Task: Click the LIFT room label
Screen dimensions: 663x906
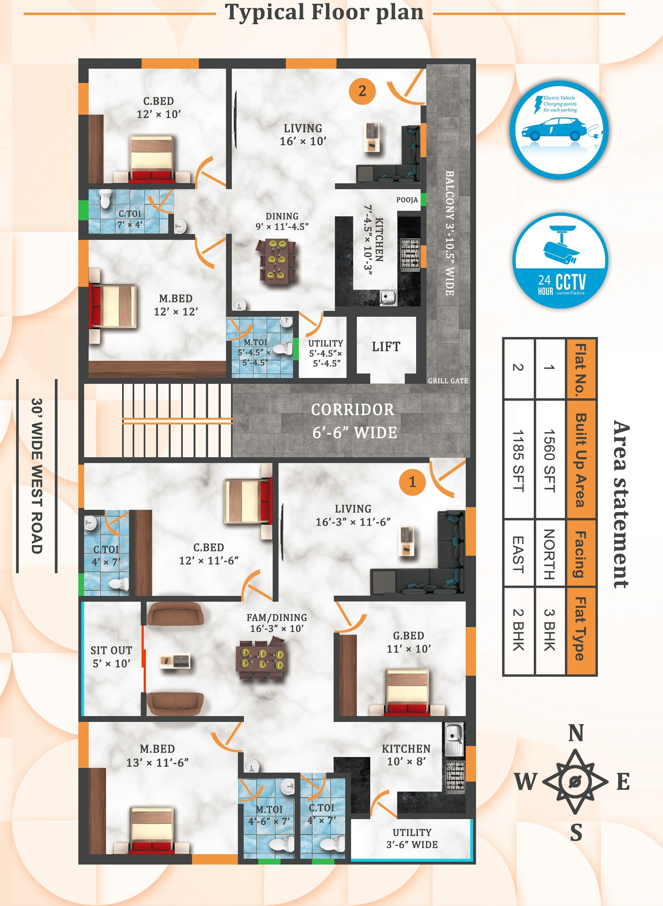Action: [x=386, y=346]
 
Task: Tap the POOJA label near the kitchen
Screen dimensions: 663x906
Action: [x=407, y=200]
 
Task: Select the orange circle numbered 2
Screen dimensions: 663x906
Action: [x=362, y=91]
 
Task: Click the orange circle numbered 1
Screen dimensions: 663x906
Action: [x=412, y=482]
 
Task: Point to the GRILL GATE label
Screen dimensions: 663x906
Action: [x=448, y=381]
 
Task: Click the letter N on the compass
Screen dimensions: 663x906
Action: [x=576, y=733]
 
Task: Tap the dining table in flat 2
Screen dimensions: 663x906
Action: [x=276, y=261]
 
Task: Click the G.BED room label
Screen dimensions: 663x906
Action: [x=409, y=636]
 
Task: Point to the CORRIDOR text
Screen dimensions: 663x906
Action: [x=352, y=410]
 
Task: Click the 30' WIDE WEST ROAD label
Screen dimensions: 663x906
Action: [x=37, y=476]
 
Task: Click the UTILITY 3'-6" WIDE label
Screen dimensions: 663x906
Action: [x=412, y=839]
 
